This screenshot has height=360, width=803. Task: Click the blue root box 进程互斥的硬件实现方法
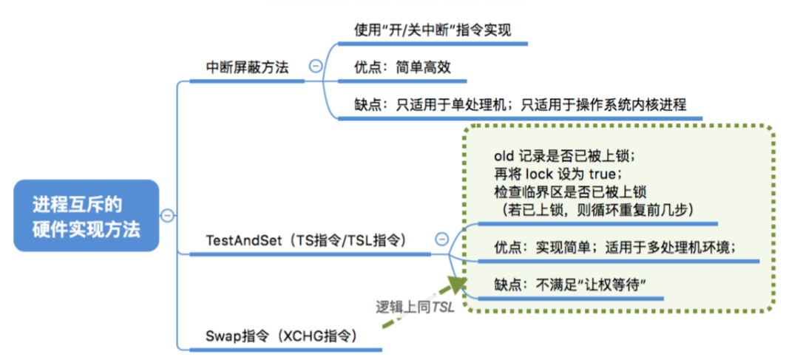(86, 216)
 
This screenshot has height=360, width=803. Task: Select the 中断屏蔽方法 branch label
(246, 68)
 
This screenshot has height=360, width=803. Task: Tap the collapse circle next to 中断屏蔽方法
(316, 66)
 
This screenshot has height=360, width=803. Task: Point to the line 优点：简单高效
(402, 67)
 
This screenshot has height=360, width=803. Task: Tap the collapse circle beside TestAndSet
(441, 239)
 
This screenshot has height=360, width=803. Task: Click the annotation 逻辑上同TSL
(414, 307)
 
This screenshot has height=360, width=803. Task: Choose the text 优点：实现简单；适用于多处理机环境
(615, 246)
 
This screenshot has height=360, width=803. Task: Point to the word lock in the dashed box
(540, 174)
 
